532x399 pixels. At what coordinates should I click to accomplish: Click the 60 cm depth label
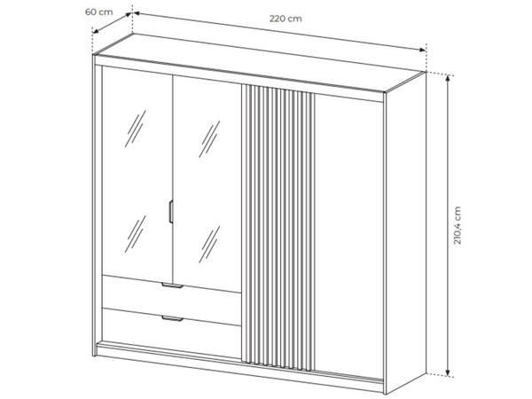click(x=98, y=12)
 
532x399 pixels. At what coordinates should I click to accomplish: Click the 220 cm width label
click(x=286, y=19)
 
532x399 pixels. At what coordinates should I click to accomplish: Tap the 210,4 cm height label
click(x=458, y=225)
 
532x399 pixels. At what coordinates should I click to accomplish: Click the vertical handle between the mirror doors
click(x=171, y=212)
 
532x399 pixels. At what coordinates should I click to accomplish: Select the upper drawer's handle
click(x=172, y=286)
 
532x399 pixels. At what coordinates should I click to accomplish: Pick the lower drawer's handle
click(x=172, y=318)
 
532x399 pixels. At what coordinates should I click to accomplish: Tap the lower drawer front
click(x=171, y=325)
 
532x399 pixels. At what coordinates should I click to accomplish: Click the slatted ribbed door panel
click(x=278, y=227)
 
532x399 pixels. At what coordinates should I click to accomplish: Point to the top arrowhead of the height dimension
click(x=448, y=78)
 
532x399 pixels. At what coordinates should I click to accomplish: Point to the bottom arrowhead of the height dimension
click(x=448, y=372)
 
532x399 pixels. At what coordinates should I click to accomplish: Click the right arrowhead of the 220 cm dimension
click(x=422, y=50)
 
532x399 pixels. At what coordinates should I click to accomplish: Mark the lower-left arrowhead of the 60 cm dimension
click(x=96, y=32)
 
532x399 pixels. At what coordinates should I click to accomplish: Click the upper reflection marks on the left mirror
click(x=135, y=129)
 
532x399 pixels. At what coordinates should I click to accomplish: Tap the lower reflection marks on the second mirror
click(x=209, y=245)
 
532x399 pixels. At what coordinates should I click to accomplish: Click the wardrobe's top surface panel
click(x=260, y=63)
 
